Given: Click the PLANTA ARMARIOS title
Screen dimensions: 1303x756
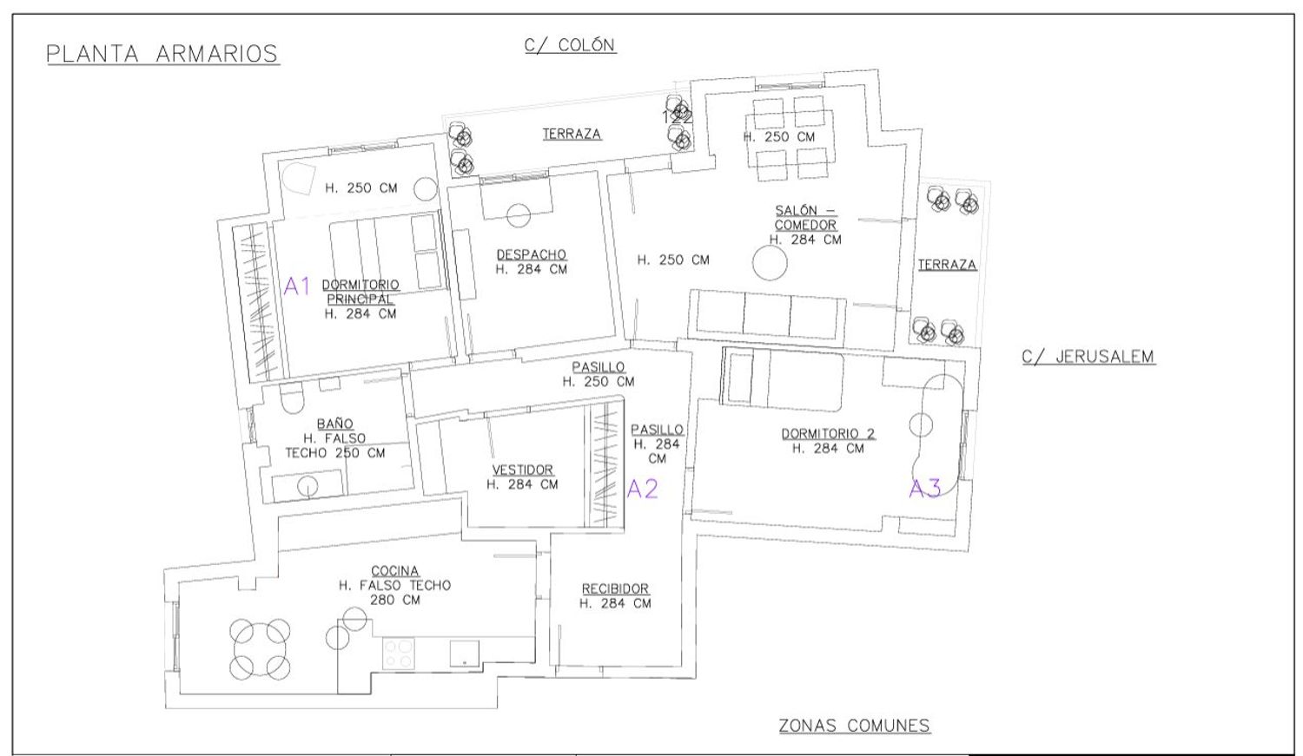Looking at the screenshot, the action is (162, 54).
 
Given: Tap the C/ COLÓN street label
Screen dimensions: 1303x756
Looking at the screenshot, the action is (570, 45).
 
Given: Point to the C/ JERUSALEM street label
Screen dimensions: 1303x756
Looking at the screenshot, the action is (1088, 356).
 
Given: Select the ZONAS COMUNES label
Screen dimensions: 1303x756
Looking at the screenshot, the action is (855, 726).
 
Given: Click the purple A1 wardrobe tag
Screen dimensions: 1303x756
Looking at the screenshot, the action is (297, 286).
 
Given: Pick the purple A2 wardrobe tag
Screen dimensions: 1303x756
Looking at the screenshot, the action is (642, 490).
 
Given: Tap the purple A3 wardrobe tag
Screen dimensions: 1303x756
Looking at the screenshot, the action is (925, 489).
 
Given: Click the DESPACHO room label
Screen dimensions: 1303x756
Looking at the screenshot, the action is (531, 254).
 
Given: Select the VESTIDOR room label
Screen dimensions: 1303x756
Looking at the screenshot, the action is (522, 470).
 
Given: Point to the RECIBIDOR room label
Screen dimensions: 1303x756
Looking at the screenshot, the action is (615, 588).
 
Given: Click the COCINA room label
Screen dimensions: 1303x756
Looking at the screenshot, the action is (395, 570).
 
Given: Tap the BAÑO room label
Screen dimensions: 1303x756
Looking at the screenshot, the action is (335, 423).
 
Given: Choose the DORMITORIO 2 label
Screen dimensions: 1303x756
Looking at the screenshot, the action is (828, 433).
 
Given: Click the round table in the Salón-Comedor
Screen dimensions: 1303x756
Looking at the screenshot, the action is (770, 263).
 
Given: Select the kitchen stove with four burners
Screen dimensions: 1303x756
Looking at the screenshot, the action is (399, 654).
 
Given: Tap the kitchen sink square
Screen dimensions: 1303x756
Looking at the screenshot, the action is (464, 654).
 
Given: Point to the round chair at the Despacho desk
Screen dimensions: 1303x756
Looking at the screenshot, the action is (518, 215).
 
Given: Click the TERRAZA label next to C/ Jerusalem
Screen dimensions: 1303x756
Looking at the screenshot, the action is (947, 265).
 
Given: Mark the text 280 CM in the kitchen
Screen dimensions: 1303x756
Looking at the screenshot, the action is (395, 600).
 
